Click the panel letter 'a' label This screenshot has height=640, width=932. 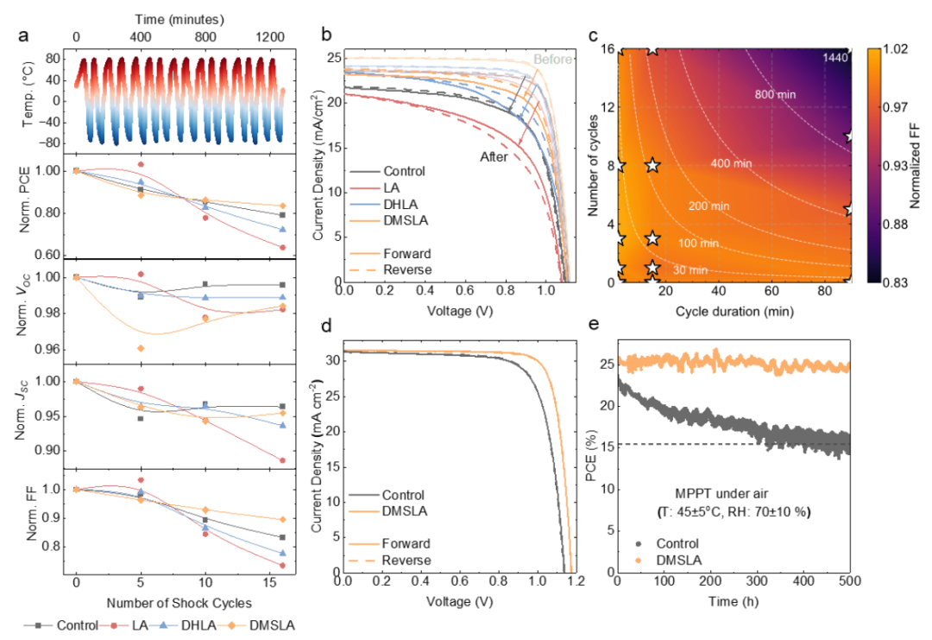click(28, 36)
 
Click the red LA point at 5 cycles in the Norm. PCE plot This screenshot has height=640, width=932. click(141, 164)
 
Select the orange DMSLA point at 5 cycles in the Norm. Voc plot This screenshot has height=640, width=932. click(141, 348)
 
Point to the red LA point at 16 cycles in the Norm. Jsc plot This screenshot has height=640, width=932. click(283, 460)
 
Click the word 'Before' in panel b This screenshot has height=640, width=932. click(551, 59)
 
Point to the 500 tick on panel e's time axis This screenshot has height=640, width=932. click(850, 587)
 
